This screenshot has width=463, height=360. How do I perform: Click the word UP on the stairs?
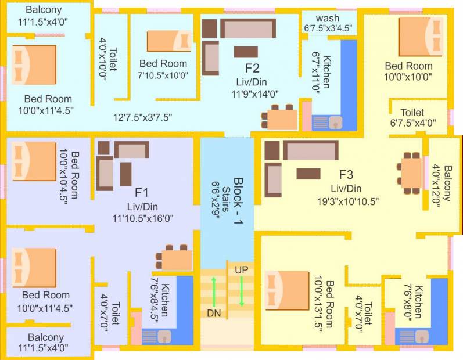click(x=242, y=270)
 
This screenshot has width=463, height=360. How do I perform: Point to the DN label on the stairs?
click(x=214, y=313)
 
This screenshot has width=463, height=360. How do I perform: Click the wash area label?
click(x=328, y=17)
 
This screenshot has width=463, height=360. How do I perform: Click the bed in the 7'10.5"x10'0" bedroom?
click(x=168, y=41)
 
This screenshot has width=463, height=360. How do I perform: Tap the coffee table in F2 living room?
click(x=246, y=52)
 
